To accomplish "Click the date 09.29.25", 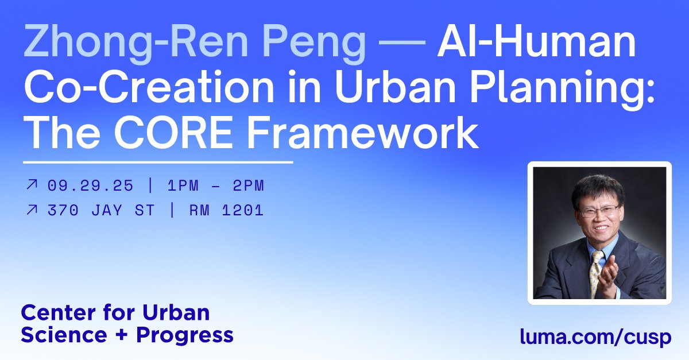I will click(x=91, y=185).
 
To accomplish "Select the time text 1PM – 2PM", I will click(x=216, y=185).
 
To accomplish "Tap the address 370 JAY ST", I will click(x=102, y=210).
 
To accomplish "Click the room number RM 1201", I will click(x=226, y=210).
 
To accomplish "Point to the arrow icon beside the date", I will click(x=32, y=185).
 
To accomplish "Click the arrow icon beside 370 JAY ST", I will click(x=32, y=210).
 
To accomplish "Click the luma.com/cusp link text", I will click(x=595, y=337).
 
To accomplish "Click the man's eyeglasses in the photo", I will click(x=599, y=210).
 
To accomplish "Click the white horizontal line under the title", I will click(x=158, y=162).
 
